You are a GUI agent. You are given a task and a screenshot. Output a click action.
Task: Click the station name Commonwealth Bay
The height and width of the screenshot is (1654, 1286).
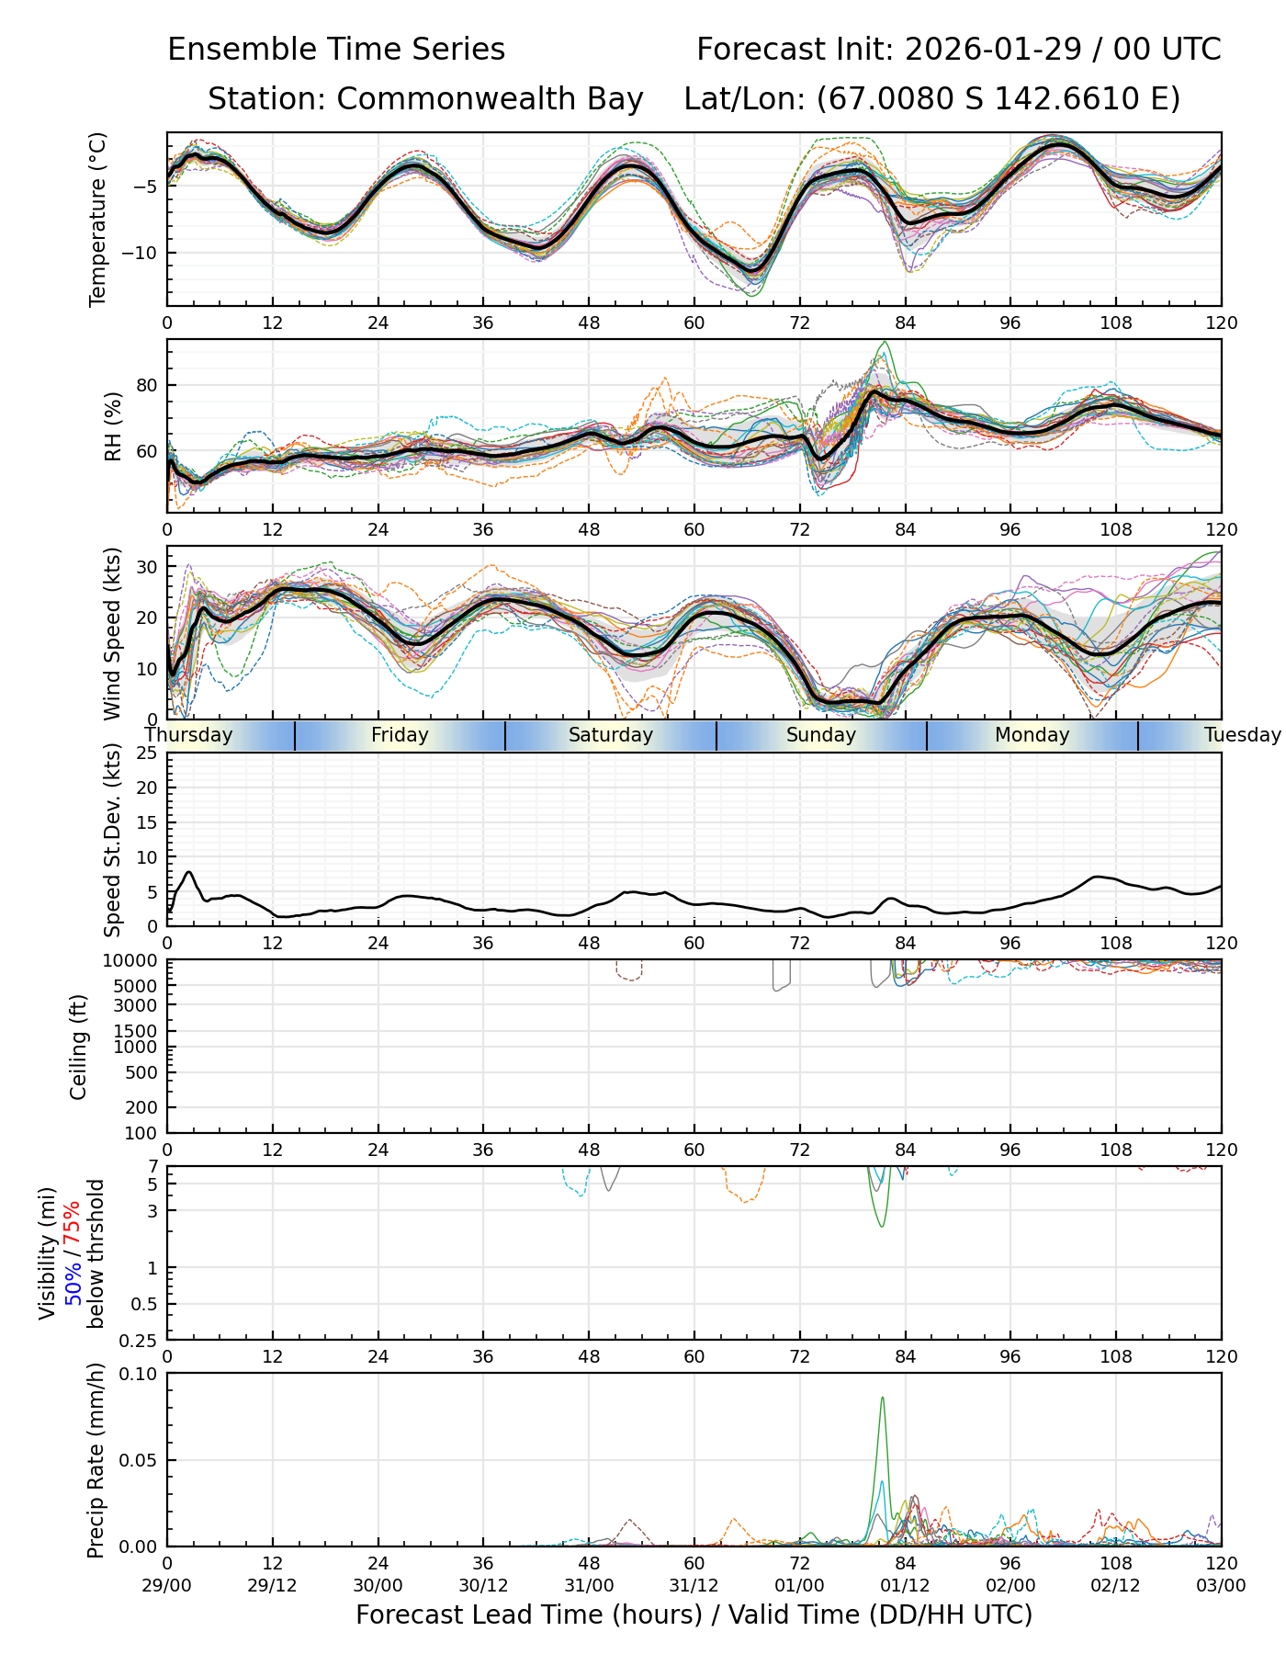coord(490,99)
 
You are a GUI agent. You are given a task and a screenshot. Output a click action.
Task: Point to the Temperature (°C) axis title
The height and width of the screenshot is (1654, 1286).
coord(98,219)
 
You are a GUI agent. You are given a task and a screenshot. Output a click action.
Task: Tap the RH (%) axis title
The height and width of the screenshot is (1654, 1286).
coord(113,425)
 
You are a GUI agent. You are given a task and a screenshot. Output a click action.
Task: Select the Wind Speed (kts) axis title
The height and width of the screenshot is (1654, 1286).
coord(113,633)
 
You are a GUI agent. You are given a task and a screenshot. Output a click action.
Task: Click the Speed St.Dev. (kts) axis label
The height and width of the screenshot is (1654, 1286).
coord(113,839)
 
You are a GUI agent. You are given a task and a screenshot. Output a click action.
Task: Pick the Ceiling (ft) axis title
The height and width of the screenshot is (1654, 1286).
coord(79,1047)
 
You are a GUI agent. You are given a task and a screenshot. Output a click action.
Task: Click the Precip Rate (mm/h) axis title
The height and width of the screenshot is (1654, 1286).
coord(96,1460)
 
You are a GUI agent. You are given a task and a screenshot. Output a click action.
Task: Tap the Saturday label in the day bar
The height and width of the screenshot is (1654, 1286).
coord(610,735)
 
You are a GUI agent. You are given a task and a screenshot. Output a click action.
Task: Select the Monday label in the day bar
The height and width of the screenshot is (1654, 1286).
coord(1032,735)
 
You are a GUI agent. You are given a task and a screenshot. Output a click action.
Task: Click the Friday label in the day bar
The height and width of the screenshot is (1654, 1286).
coord(400,735)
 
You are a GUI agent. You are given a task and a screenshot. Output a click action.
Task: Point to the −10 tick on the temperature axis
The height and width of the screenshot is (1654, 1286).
coord(144,253)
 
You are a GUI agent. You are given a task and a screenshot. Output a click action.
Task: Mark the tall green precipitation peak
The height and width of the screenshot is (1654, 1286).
coord(883,1399)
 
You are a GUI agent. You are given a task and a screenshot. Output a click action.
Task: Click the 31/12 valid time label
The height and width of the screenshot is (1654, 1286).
coord(694,1585)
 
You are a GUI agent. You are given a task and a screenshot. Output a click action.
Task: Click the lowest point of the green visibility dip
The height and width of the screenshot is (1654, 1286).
coord(882,1227)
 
